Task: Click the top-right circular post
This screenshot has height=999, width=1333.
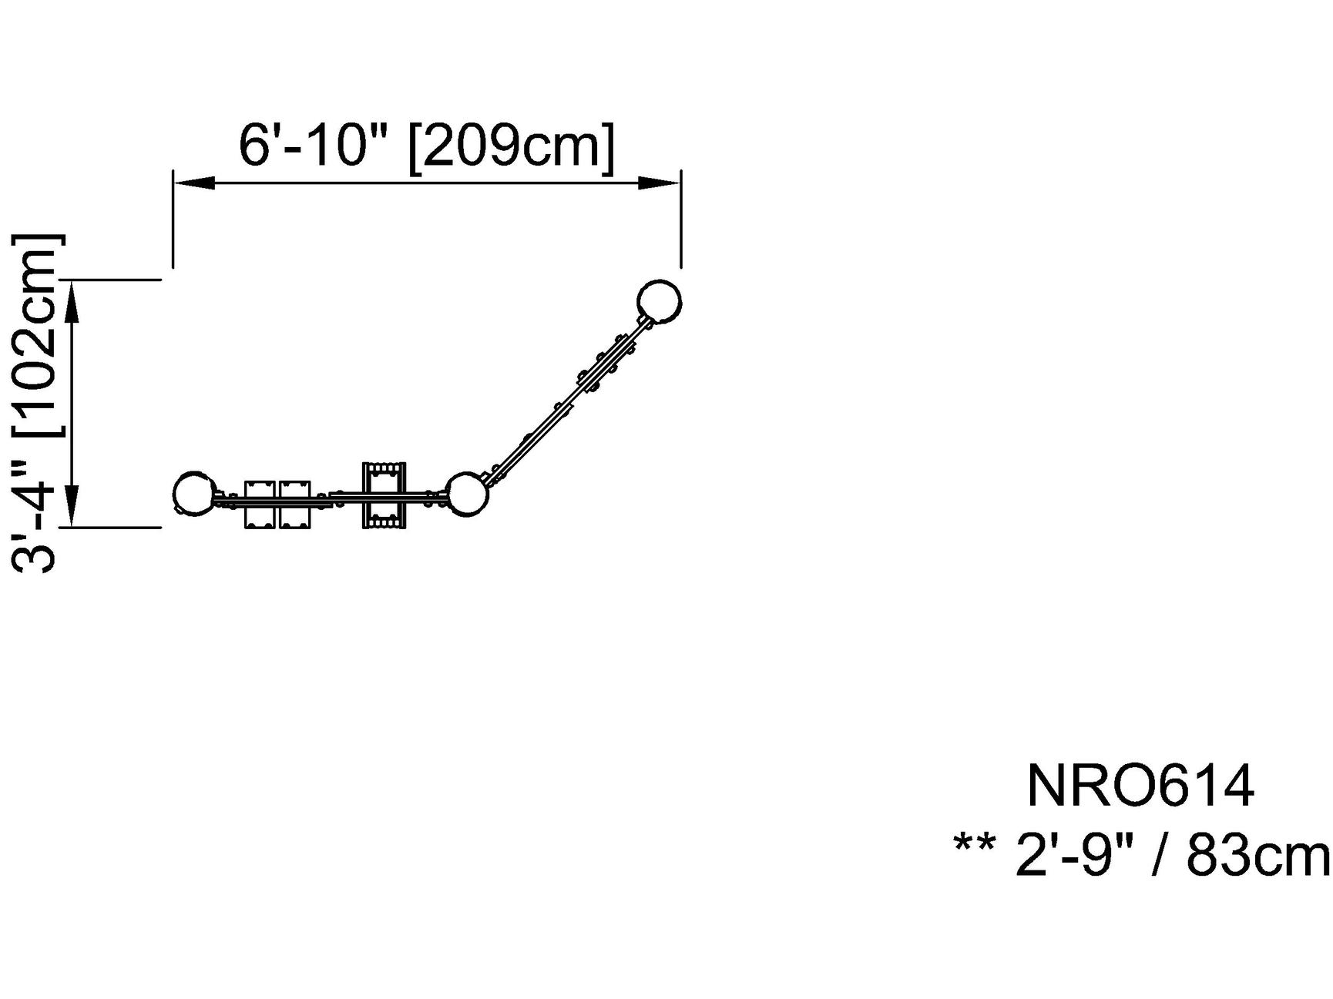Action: [x=660, y=300]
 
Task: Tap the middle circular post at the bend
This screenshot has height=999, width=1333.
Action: [x=467, y=494]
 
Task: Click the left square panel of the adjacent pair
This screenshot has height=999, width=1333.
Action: [x=260, y=505]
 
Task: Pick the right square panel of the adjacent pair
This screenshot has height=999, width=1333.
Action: [x=295, y=505]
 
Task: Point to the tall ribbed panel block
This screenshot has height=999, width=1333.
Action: [x=384, y=495]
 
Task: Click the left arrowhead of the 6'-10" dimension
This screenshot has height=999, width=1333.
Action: [x=193, y=183]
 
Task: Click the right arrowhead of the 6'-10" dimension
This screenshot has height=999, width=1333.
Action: [x=660, y=183]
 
